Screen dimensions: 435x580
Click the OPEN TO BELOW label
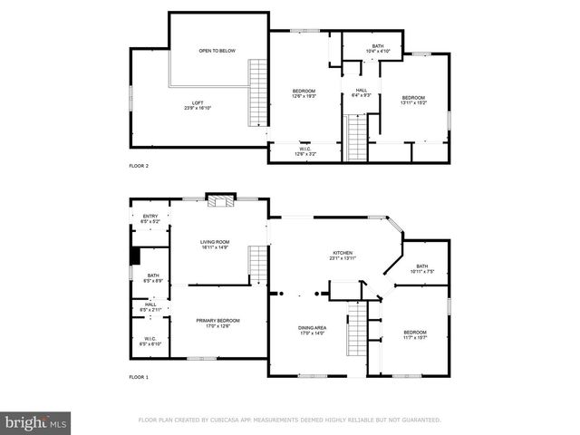coord(217,51)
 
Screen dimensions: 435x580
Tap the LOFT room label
coord(197,105)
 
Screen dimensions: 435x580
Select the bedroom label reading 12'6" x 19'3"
coord(304,93)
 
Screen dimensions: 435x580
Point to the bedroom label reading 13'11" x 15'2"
coord(413,100)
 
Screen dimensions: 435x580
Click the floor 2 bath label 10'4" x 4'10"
coord(377,48)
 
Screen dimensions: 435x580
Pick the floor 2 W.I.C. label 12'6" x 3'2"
coord(305,151)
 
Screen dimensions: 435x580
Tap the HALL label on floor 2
coord(361,92)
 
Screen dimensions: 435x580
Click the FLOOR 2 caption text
coord(139,167)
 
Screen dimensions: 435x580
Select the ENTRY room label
coord(150,218)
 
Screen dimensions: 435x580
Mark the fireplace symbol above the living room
coord(218,201)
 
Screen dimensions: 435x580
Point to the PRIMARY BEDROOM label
coord(218,323)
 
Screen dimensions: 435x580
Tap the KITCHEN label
coord(342,256)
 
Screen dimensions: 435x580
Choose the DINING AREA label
coord(313,331)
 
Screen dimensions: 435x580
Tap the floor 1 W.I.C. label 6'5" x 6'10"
coord(150,342)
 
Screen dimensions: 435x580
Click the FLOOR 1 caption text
coord(139,376)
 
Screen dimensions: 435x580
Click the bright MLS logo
coord(36,421)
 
